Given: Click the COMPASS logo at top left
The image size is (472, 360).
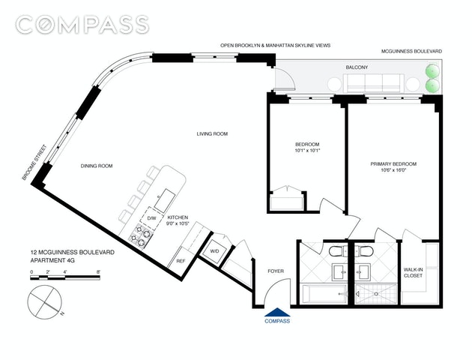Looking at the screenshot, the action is tap(82, 25).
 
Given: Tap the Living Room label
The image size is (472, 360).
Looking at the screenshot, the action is tap(212, 133).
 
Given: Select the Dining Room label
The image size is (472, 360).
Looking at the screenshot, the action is tap(97, 166).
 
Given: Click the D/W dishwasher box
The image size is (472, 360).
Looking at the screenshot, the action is tap(151, 218).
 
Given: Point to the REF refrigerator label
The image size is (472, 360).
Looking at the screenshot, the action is tap(181, 261).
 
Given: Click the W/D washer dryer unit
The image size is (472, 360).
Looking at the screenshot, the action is tap(214, 251).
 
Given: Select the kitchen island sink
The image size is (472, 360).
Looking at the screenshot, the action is tap(165, 200).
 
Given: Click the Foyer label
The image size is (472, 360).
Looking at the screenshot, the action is tap(276, 271).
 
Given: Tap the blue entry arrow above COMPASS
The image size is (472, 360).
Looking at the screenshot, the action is tap(277, 313).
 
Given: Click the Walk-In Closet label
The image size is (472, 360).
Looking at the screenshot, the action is tap(413, 273).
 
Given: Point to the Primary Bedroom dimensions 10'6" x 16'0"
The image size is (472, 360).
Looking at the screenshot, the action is tap(393, 170).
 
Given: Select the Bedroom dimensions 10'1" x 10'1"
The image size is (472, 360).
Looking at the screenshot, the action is tap(307, 150).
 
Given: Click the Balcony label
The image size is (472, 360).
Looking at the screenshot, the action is tap(357, 67).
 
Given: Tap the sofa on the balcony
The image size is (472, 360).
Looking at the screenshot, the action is tap(374, 82).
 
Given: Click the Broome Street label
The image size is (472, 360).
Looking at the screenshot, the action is tap(34, 163).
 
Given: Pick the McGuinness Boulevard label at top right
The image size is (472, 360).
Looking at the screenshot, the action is tap(411, 52).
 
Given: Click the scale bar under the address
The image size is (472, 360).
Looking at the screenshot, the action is tap(65, 277).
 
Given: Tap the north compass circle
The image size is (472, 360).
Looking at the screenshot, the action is tap(44, 301).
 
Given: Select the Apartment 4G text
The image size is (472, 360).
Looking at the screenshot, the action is tap(52, 260).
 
